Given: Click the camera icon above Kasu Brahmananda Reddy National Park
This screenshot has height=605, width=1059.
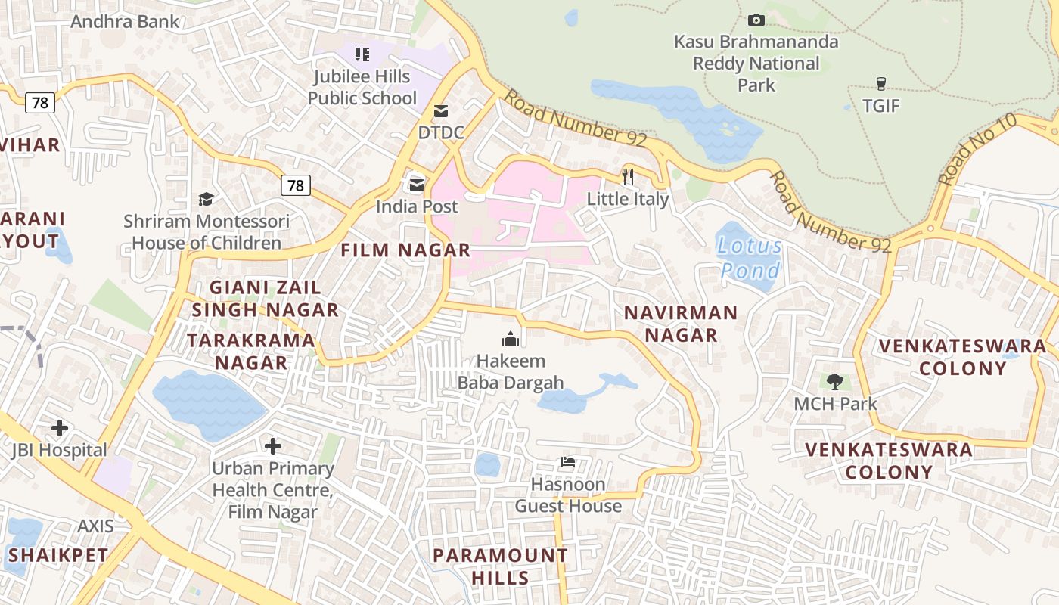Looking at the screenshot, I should click(756, 20).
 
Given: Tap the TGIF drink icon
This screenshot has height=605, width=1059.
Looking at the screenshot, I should click(880, 83).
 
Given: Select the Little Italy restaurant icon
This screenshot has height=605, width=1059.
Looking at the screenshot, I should click(627, 176).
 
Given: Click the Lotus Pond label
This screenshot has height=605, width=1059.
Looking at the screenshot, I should click(750, 258).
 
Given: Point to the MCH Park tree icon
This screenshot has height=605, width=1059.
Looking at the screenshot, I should click(834, 381).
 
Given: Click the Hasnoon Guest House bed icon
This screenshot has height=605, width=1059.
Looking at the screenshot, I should click(568, 462).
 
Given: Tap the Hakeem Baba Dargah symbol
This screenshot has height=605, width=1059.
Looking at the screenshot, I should click(511, 338).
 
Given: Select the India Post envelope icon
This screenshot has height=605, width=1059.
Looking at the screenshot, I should click(417, 184).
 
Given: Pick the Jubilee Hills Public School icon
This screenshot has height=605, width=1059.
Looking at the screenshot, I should click(362, 54).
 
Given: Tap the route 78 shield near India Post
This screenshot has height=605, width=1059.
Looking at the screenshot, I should click(295, 185).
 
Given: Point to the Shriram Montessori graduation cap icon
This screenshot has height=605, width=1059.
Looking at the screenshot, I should click(206, 199).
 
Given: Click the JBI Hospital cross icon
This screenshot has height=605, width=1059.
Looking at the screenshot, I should click(60, 428).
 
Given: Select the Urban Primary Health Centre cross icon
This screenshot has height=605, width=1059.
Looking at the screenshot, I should click(273, 446).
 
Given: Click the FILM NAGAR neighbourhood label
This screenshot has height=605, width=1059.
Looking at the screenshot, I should click(405, 250).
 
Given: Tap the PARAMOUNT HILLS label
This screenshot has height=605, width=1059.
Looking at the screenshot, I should click(500, 566).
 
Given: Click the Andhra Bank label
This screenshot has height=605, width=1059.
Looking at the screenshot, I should click(125, 21).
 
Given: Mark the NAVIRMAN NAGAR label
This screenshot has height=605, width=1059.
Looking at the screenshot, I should click(680, 324).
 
